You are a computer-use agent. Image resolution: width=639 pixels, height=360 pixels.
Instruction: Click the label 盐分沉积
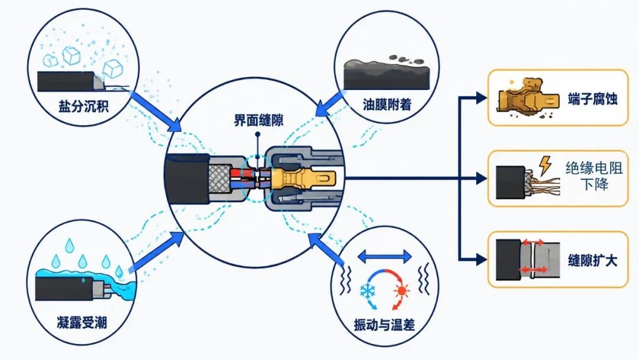[x=83, y=107]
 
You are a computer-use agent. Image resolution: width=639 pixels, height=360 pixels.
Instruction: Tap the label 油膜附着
[x=387, y=105]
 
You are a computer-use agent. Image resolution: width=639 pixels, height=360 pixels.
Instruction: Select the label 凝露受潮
[x=82, y=323]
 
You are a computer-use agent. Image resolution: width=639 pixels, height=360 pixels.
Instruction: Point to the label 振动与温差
[x=385, y=325]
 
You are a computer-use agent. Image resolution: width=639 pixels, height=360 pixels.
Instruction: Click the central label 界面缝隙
[x=259, y=120]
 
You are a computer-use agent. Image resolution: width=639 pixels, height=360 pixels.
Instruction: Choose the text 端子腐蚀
[x=592, y=99]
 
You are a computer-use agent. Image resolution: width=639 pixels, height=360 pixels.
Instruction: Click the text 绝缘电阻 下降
[x=594, y=176]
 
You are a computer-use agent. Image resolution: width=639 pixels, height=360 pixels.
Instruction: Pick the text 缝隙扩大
[x=592, y=260]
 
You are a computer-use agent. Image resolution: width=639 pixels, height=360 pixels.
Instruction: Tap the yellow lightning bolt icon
[x=545, y=165]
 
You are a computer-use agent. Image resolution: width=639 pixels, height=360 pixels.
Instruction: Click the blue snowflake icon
[x=368, y=291]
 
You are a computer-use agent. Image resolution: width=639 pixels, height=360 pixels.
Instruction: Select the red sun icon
[x=402, y=291]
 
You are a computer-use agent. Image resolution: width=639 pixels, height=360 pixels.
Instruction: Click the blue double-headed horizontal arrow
[x=385, y=256]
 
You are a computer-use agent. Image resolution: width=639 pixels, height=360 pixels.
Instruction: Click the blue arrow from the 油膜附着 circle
[x=331, y=104]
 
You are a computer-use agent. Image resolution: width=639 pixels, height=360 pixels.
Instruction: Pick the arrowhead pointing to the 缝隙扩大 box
[x=482, y=259]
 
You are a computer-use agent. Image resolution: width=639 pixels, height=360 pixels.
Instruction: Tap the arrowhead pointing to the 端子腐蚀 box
[x=482, y=98]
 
